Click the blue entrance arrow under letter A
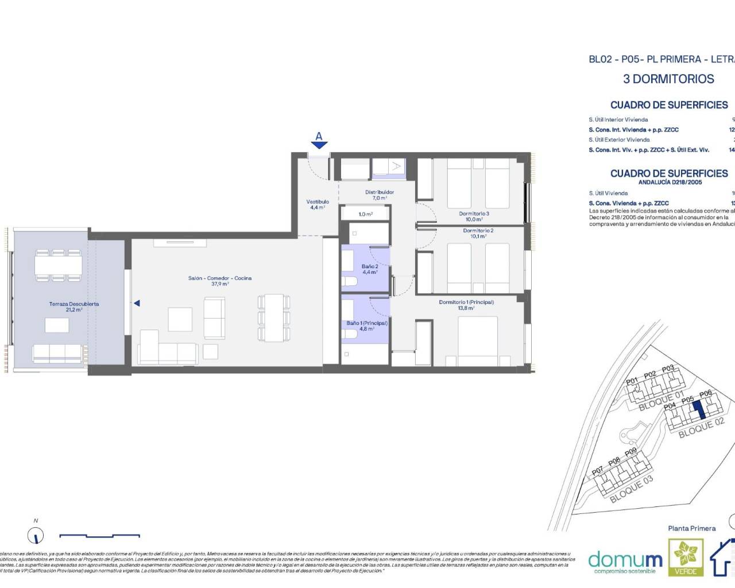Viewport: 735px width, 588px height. [x=319, y=145]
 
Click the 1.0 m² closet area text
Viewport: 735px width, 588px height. [x=365, y=214]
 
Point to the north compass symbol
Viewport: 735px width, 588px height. [x=36, y=536]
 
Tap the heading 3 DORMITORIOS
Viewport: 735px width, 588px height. [x=668, y=79]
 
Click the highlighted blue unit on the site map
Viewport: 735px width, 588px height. [x=697, y=409]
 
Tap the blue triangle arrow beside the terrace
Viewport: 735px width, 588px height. [x=137, y=303]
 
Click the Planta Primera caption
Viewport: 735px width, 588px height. [x=691, y=528]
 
